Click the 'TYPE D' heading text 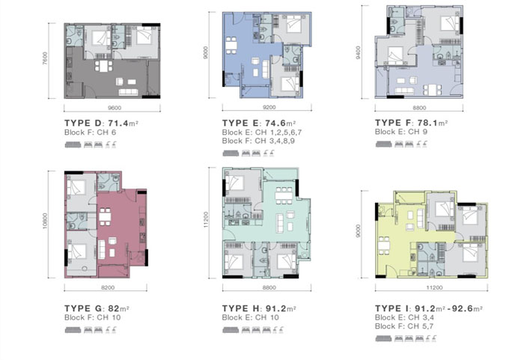click(x=77, y=123)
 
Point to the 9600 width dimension click(x=115, y=108)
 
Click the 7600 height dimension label click(x=46, y=58)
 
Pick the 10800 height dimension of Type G click(x=45, y=222)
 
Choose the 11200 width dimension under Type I click(x=434, y=287)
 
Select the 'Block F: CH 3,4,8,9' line click(x=258, y=141)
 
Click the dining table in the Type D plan click(x=103, y=66)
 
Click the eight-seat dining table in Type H click(x=284, y=195)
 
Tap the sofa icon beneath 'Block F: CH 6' click(x=73, y=144)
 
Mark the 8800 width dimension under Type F click(x=419, y=108)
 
